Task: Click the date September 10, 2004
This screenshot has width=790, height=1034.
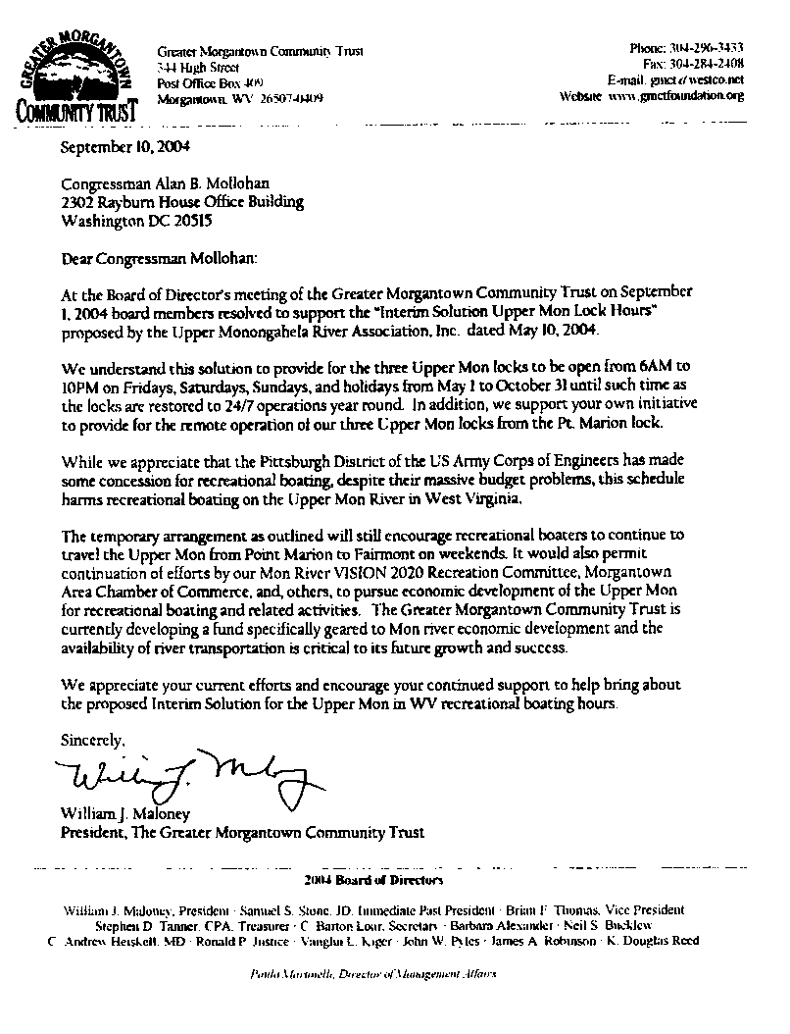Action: pos(121,148)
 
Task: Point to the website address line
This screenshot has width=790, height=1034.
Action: pos(652,96)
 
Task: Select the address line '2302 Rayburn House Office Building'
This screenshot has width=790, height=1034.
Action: pos(181,203)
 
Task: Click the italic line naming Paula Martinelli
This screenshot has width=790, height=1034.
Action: pos(372,976)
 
